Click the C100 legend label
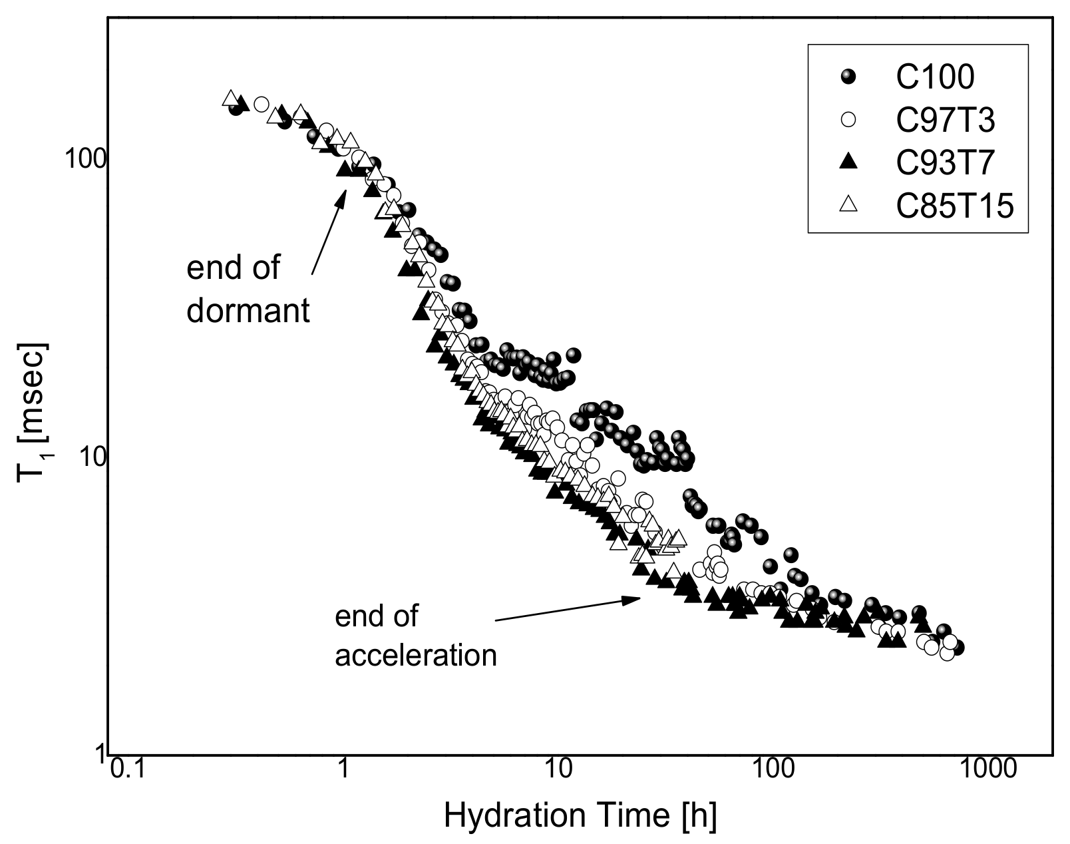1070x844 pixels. (934, 77)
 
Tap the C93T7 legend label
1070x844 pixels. (945, 163)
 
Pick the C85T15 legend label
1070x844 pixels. (954, 206)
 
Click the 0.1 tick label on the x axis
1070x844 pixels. (126, 771)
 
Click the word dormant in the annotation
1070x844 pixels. (248, 310)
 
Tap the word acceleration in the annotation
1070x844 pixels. (416, 655)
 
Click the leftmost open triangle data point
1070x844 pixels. (230, 99)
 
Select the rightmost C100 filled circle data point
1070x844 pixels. (957, 648)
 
